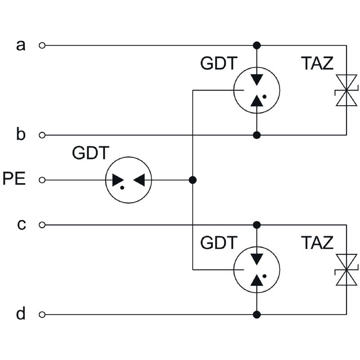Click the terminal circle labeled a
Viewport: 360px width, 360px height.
pyautogui.click(x=42, y=45)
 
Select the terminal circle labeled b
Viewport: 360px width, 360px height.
pyautogui.click(x=42, y=135)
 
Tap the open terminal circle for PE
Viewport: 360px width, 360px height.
pyautogui.click(x=42, y=180)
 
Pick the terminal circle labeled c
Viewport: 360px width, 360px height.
pyautogui.click(x=42, y=225)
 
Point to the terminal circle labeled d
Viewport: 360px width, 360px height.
pyautogui.click(x=42, y=315)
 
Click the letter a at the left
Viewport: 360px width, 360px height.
pyautogui.click(x=21, y=45)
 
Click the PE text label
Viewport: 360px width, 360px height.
pyautogui.click(x=14, y=179)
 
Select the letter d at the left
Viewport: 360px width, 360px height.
pyautogui.click(x=21, y=314)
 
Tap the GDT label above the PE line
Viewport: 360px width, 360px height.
pyautogui.click(x=90, y=153)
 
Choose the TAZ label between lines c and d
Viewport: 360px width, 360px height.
pyautogui.click(x=317, y=243)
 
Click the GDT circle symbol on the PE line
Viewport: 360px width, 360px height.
pyautogui.click(x=128, y=180)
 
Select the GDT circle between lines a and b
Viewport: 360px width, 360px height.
pyautogui.click(x=257, y=90)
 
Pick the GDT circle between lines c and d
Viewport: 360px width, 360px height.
pyautogui.click(x=257, y=270)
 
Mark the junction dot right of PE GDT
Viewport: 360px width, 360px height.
pyautogui.click(x=193, y=180)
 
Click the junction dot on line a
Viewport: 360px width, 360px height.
pyautogui.click(x=257, y=45)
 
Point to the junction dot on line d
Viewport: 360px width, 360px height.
pyautogui.click(x=257, y=315)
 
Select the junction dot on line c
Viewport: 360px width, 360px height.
pyautogui.click(x=257, y=225)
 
